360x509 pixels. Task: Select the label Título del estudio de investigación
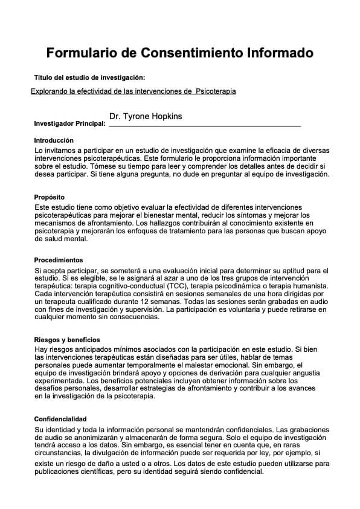89,77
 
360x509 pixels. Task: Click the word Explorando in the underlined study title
49,91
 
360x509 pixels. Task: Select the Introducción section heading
54,140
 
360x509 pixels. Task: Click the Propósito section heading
49,198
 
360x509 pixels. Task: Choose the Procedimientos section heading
59,260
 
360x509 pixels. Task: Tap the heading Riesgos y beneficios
67,340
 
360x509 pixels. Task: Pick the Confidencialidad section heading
60,419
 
